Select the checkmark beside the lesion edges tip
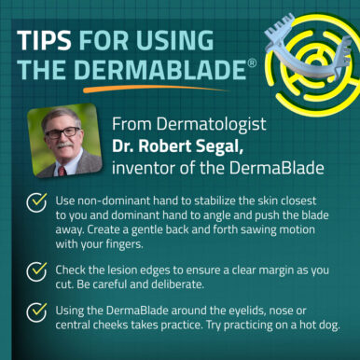click(x=36, y=271)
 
